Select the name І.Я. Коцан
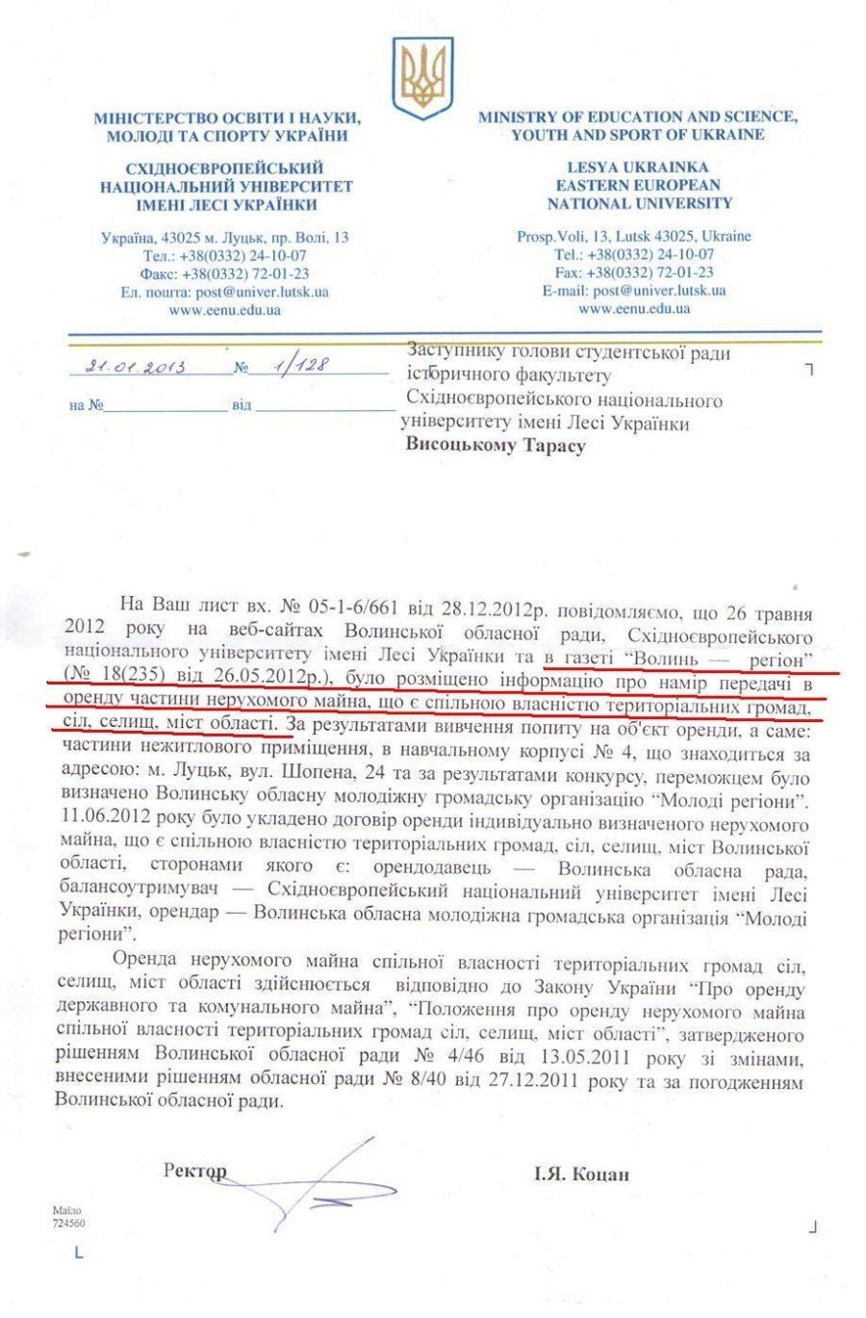581,1174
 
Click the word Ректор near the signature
195,1171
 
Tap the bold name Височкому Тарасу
496,445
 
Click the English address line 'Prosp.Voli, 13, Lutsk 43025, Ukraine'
634,236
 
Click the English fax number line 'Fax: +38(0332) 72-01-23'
634,272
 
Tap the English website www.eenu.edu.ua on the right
634,309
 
